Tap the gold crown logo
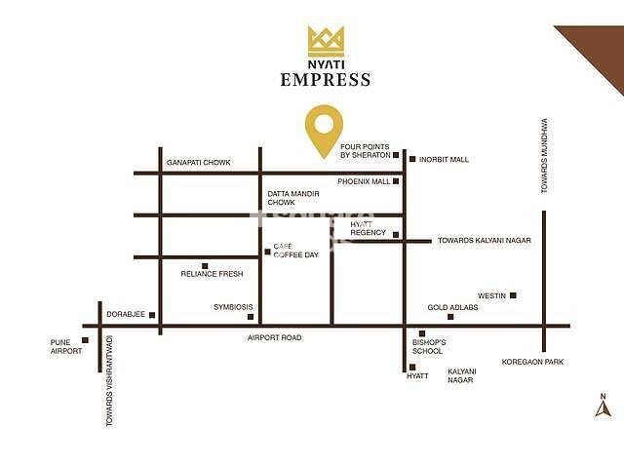[326, 40]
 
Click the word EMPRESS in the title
[326, 80]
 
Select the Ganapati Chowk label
[198, 162]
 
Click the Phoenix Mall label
[364, 181]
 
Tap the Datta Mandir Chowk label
[293, 198]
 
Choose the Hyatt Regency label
[369, 229]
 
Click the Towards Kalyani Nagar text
[484, 240]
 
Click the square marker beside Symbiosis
[251, 316]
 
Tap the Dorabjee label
[126, 314]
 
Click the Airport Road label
[276, 337]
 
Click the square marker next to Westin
[513, 295]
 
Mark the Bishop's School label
[429, 347]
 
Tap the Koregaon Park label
[531, 362]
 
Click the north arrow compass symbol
[603, 405]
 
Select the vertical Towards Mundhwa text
[545, 156]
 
